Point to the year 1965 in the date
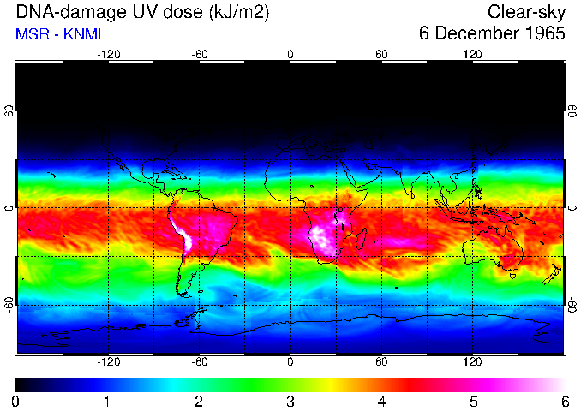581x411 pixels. pyautogui.click(x=542, y=34)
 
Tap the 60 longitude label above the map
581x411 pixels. pyautogui.click(x=381, y=54)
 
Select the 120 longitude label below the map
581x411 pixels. pyautogui.click(x=472, y=362)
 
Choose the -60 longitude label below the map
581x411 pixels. pyautogui.click(x=199, y=362)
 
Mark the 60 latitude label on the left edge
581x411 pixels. pyautogui.click(x=9, y=112)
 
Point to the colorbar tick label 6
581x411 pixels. pyautogui.click(x=564, y=401)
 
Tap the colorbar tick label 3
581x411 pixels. pyautogui.click(x=290, y=401)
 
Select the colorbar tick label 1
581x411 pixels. pyautogui.click(x=107, y=401)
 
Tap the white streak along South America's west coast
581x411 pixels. pyautogui.click(x=183, y=238)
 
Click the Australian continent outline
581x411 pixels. pyautogui.click(x=493, y=249)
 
